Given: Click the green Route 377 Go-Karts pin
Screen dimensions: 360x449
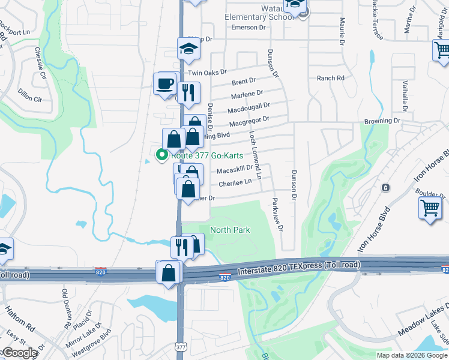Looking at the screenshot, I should click(x=161, y=155).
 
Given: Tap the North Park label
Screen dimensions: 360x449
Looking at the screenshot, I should click(x=230, y=230).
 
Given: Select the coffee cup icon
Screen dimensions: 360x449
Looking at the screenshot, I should click(x=164, y=84).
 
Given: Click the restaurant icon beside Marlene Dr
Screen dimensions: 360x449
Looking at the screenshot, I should click(x=188, y=92).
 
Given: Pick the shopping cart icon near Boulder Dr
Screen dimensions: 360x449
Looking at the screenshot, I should click(x=430, y=209).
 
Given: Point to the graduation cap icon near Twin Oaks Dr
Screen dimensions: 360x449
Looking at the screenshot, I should click(x=188, y=49).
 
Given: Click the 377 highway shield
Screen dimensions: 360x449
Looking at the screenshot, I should click(x=181, y=347).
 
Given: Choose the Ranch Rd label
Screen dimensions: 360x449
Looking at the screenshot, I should click(x=331, y=78).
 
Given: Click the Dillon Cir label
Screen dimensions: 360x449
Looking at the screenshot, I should click(x=29, y=94).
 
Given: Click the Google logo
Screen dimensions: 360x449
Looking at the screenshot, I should click(x=19, y=353).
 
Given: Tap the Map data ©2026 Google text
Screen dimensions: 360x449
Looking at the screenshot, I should click(x=411, y=355).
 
